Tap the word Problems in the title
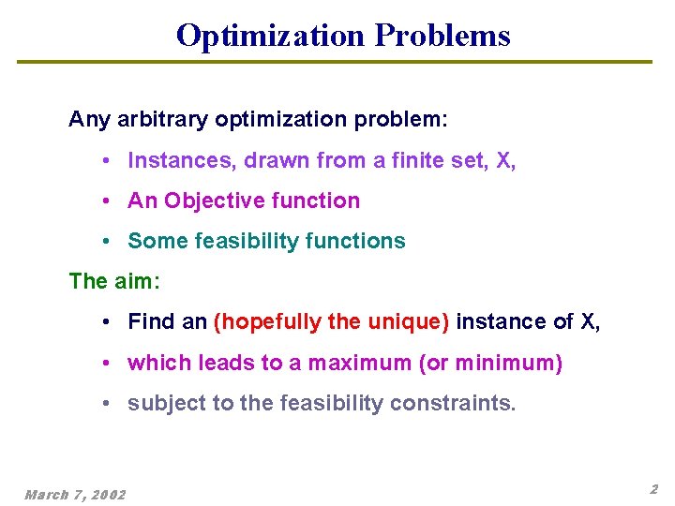tap(442, 36)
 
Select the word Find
tap(151, 322)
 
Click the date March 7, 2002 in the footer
tap(75, 493)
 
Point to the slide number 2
tap(653, 489)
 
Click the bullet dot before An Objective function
tap(110, 201)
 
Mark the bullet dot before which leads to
tap(110, 363)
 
